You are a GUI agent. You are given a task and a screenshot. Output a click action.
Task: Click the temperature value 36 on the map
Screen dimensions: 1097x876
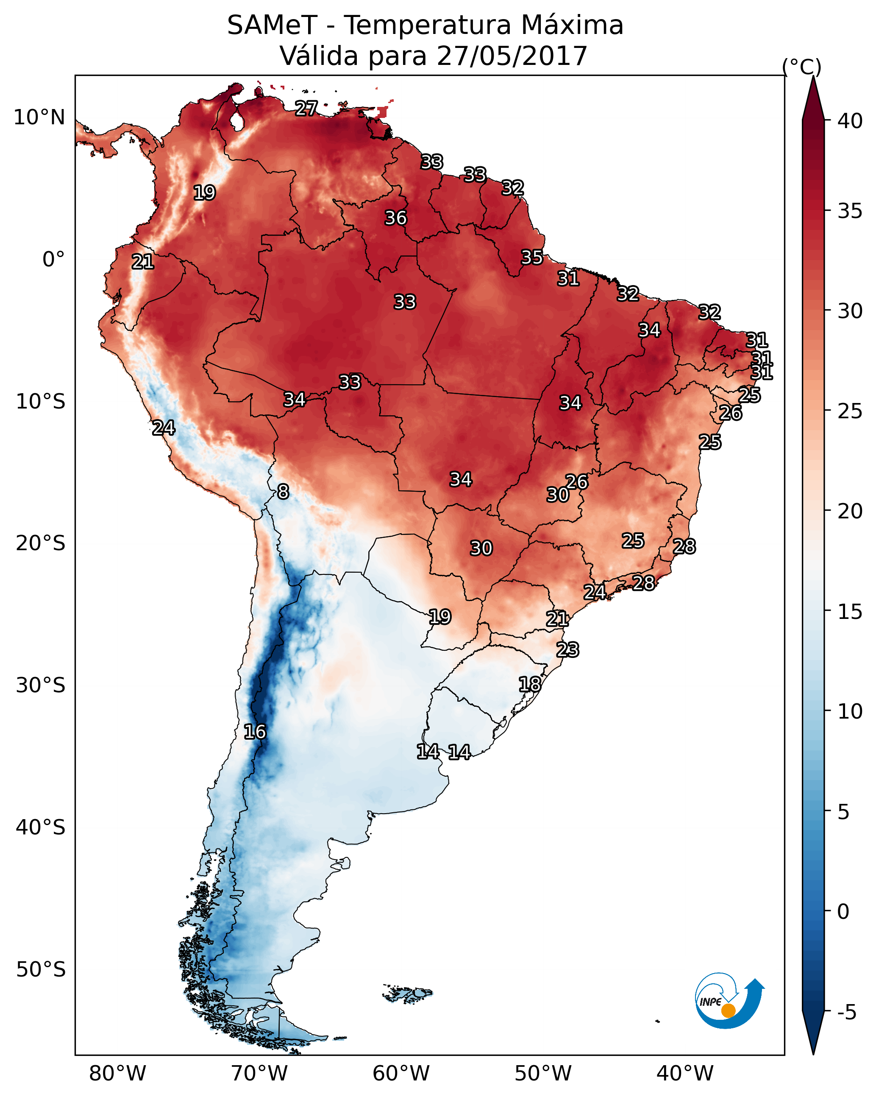point(395,218)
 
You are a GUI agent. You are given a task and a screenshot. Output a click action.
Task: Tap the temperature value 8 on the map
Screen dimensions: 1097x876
point(283,492)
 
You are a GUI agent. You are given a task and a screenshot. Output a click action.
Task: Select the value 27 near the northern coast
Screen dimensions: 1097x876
point(306,108)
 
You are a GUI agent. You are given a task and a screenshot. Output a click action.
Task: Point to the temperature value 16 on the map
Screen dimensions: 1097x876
point(255,732)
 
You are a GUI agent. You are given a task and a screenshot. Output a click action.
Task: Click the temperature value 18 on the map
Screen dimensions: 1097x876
point(530,684)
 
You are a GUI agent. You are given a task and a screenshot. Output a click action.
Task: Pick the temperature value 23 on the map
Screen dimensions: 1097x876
point(567,650)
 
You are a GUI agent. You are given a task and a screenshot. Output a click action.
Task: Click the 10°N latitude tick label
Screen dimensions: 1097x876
point(39,118)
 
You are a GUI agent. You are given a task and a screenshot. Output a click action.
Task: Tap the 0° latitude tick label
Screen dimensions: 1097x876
point(53,260)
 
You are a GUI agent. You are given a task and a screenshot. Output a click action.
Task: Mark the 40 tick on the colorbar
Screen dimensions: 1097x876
point(850,121)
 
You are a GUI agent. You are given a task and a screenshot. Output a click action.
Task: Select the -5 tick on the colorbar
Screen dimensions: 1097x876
point(847,1012)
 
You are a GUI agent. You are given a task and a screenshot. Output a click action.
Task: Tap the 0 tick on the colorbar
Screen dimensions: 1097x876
point(843,912)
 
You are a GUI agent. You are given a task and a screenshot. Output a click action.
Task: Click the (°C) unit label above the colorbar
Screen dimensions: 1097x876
point(802,67)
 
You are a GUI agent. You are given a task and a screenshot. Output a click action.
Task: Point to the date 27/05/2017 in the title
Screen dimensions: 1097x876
point(512,56)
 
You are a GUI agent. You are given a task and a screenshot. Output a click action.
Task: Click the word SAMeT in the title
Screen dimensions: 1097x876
point(272,25)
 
